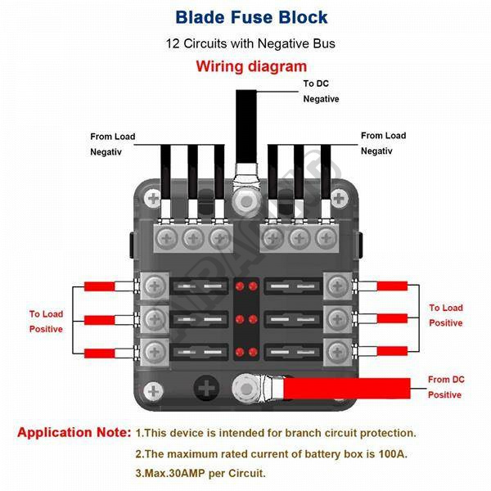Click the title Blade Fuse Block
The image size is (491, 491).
coord(245,16)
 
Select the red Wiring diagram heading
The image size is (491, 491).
coord(245,66)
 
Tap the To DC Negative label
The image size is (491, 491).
coord(320,91)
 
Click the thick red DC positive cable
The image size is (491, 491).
coord(352,387)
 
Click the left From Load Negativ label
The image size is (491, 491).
coord(112,143)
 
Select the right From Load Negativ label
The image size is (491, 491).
coord(383,143)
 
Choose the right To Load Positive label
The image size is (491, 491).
coord(446,315)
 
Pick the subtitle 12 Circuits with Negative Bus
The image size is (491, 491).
coord(245,42)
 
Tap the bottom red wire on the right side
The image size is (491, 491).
coord(390,350)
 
